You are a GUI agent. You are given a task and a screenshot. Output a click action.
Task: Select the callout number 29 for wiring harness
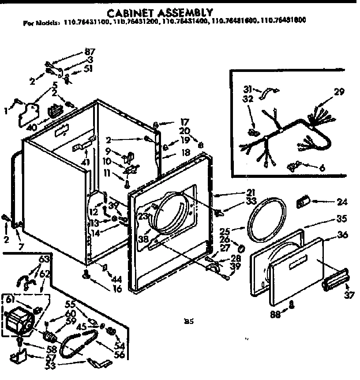[338, 92]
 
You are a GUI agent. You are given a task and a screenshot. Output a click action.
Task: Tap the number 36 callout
[342, 235]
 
